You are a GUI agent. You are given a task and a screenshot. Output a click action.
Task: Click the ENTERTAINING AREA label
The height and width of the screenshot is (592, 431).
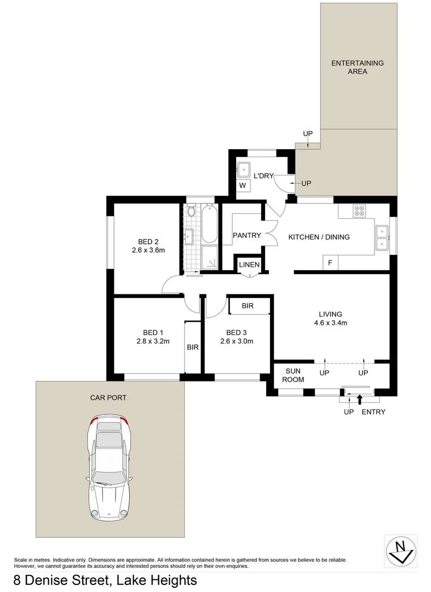(357, 67)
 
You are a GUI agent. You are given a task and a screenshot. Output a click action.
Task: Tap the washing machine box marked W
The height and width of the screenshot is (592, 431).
(243, 185)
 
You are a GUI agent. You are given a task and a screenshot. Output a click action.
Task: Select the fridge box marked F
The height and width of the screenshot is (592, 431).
(330, 263)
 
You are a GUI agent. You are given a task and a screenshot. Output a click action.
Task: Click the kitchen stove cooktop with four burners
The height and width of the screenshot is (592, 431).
(359, 210)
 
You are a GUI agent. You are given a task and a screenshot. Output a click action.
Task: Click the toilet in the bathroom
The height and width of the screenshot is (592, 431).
(192, 210)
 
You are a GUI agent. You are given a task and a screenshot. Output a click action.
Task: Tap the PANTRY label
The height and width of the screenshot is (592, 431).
(246, 236)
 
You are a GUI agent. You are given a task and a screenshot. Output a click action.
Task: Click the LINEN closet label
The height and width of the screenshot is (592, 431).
(249, 265)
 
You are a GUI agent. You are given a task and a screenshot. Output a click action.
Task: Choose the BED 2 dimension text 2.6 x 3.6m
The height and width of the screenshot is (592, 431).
(148, 250)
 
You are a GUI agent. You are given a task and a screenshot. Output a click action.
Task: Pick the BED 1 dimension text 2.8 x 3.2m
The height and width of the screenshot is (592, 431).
(153, 341)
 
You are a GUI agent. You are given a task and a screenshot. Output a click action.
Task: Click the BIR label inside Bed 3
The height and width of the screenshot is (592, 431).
(248, 306)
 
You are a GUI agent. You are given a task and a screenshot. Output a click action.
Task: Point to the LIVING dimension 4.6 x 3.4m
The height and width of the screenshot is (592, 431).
(330, 323)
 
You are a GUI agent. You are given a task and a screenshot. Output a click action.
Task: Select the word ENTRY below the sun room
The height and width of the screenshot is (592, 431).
(373, 412)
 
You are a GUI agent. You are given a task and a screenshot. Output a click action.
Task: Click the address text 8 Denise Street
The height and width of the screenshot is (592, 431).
(60, 580)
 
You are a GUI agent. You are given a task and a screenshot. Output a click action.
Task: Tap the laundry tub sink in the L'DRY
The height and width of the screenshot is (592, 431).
(243, 168)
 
